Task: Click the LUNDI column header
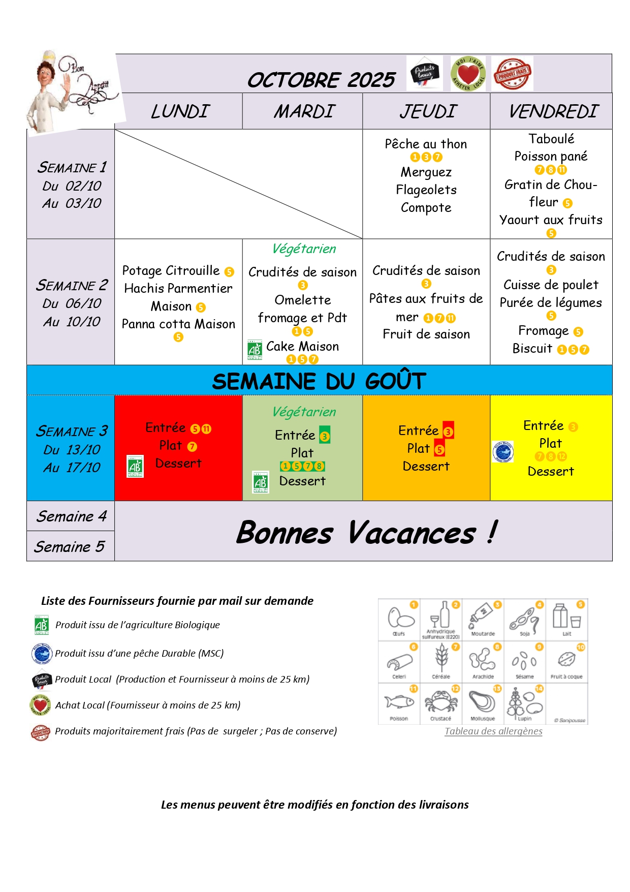coord(180,111)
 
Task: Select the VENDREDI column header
coord(553,111)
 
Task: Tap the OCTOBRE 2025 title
coord(321,80)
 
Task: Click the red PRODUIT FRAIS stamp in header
coord(512,74)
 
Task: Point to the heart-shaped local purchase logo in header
coord(468,74)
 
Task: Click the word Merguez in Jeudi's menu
coord(426,172)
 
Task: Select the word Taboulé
coord(551,139)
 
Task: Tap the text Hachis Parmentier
coord(178,288)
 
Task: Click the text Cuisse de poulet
coord(551,285)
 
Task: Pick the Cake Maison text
coord(302,346)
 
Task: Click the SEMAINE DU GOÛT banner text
coord(319,381)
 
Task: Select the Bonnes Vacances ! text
coord(366,532)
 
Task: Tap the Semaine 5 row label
coord(70,546)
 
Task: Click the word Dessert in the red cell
coord(178,463)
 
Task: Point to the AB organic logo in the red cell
coord(135,466)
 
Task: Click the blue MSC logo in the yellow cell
coord(503,452)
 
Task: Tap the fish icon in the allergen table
coord(399,702)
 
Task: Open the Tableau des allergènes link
coord(493,731)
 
